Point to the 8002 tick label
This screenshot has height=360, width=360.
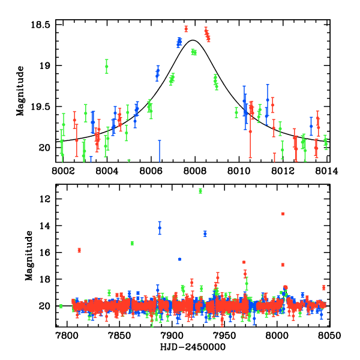63,170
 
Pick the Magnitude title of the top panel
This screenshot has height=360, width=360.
20,91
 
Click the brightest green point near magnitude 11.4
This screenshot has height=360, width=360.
200,191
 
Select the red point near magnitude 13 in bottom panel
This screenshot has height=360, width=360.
283,214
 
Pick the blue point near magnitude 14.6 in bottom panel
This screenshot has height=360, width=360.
205,233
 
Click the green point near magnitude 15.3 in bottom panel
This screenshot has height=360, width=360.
132,243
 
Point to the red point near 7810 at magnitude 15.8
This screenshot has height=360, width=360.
79,250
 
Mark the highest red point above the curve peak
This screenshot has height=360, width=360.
186,28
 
